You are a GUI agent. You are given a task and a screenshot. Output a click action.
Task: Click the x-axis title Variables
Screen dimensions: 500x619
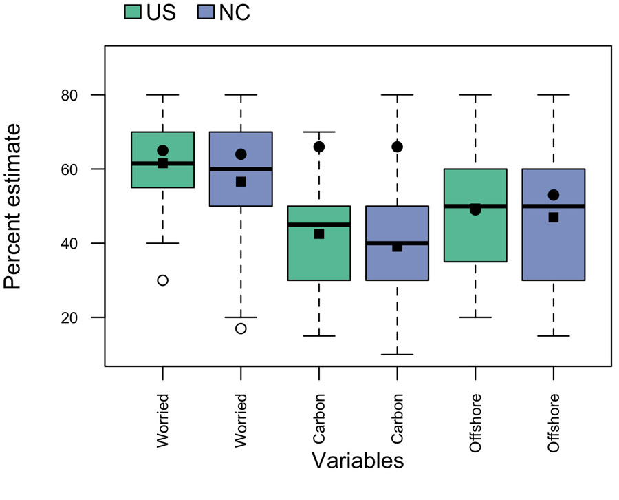point(357,460)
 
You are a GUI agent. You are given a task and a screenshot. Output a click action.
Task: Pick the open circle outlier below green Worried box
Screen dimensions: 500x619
point(162,280)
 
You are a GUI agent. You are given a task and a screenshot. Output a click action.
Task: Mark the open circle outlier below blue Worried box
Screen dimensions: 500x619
point(241,329)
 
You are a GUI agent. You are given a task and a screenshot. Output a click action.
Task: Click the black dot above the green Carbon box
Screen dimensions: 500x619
point(318,147)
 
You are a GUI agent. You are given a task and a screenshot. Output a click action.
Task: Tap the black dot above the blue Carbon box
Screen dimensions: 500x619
point(397,147)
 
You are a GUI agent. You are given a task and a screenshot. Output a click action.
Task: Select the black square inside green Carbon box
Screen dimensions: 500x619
point(318,234)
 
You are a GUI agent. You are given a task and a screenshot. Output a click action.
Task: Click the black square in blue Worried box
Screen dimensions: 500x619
point(241,182)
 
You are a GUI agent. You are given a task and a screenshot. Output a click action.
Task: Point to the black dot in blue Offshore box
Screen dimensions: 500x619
point(553,195)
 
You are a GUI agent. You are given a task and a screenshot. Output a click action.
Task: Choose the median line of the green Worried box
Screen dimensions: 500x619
point(162,163)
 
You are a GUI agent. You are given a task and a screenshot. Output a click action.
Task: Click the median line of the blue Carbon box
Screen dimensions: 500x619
point(397,243)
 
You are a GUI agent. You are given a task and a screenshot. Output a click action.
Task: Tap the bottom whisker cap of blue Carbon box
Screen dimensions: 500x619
point(397,355)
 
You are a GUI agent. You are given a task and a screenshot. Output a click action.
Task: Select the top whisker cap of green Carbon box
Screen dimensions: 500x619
point(318,132)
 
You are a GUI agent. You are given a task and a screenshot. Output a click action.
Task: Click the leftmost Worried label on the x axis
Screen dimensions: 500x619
point(162,421)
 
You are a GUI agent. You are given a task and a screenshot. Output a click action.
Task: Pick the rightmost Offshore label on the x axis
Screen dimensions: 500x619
point(554,423)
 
